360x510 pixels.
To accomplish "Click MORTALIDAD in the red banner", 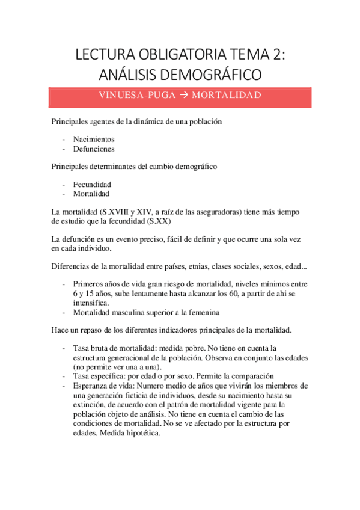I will [227, 96].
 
